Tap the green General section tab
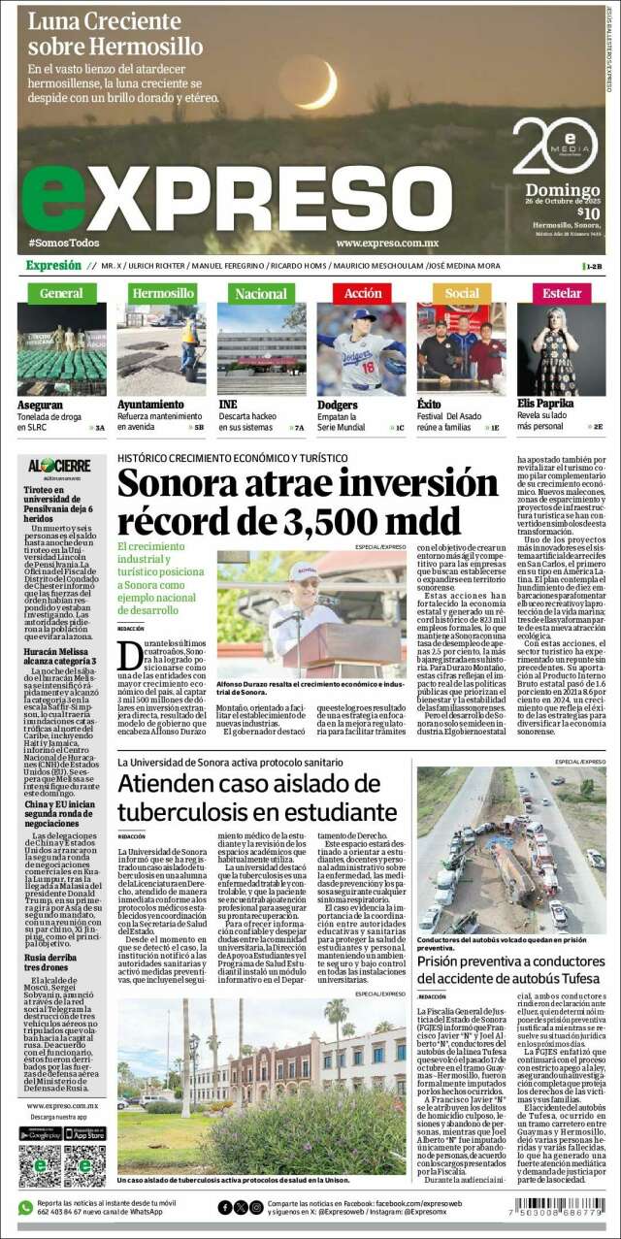(x=61, y=293)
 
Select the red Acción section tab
(x=362, y=293)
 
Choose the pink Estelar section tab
(x=562, y=293)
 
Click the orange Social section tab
(x=462, y=293)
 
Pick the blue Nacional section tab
(x=261, y=293)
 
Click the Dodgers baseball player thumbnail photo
(x=362, y=349)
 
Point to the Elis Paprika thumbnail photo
(x=562, y=349)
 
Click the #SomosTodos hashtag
(x=64, y=243)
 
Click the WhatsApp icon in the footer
(x=26, y=1207)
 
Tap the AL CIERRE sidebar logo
(x=59, y=467)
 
